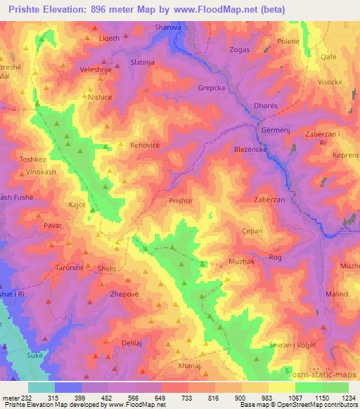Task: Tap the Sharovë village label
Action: coord(168,29)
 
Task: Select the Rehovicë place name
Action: coord(146,145)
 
